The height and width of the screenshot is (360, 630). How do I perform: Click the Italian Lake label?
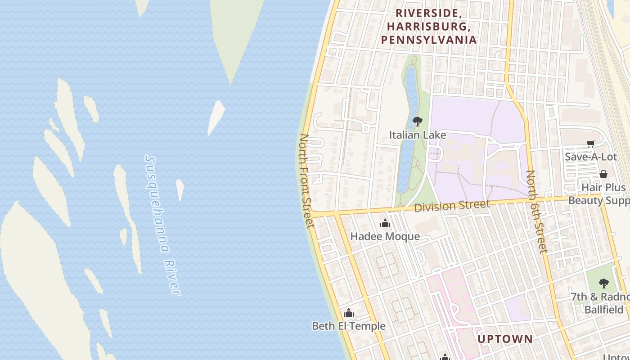tap(417, 135)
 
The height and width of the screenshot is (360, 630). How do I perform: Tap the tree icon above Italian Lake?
tap(417, 121)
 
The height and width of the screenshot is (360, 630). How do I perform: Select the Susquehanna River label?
tap(162, 225)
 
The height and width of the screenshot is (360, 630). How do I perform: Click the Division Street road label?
tap(451, 206)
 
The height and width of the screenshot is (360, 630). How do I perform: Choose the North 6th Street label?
tap(536, 211)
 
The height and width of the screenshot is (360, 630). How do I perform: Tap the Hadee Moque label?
tap(385, 236)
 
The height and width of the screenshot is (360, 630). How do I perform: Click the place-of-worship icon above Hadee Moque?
tap(385, 223)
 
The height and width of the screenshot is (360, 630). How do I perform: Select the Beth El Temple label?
tap(349, 326)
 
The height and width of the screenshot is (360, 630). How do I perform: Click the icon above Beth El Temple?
tap(349, 313)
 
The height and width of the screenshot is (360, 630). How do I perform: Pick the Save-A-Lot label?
tap(590, 157)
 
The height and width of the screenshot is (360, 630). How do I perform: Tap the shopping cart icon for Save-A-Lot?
tap(590, 144)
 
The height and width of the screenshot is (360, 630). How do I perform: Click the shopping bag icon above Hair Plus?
tap(603, 174)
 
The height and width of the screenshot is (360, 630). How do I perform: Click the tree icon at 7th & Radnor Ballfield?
tap(603, 283)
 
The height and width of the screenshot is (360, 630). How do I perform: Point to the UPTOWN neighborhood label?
tap(505, 339)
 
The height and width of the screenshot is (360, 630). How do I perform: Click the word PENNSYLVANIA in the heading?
tap(428, 40)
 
